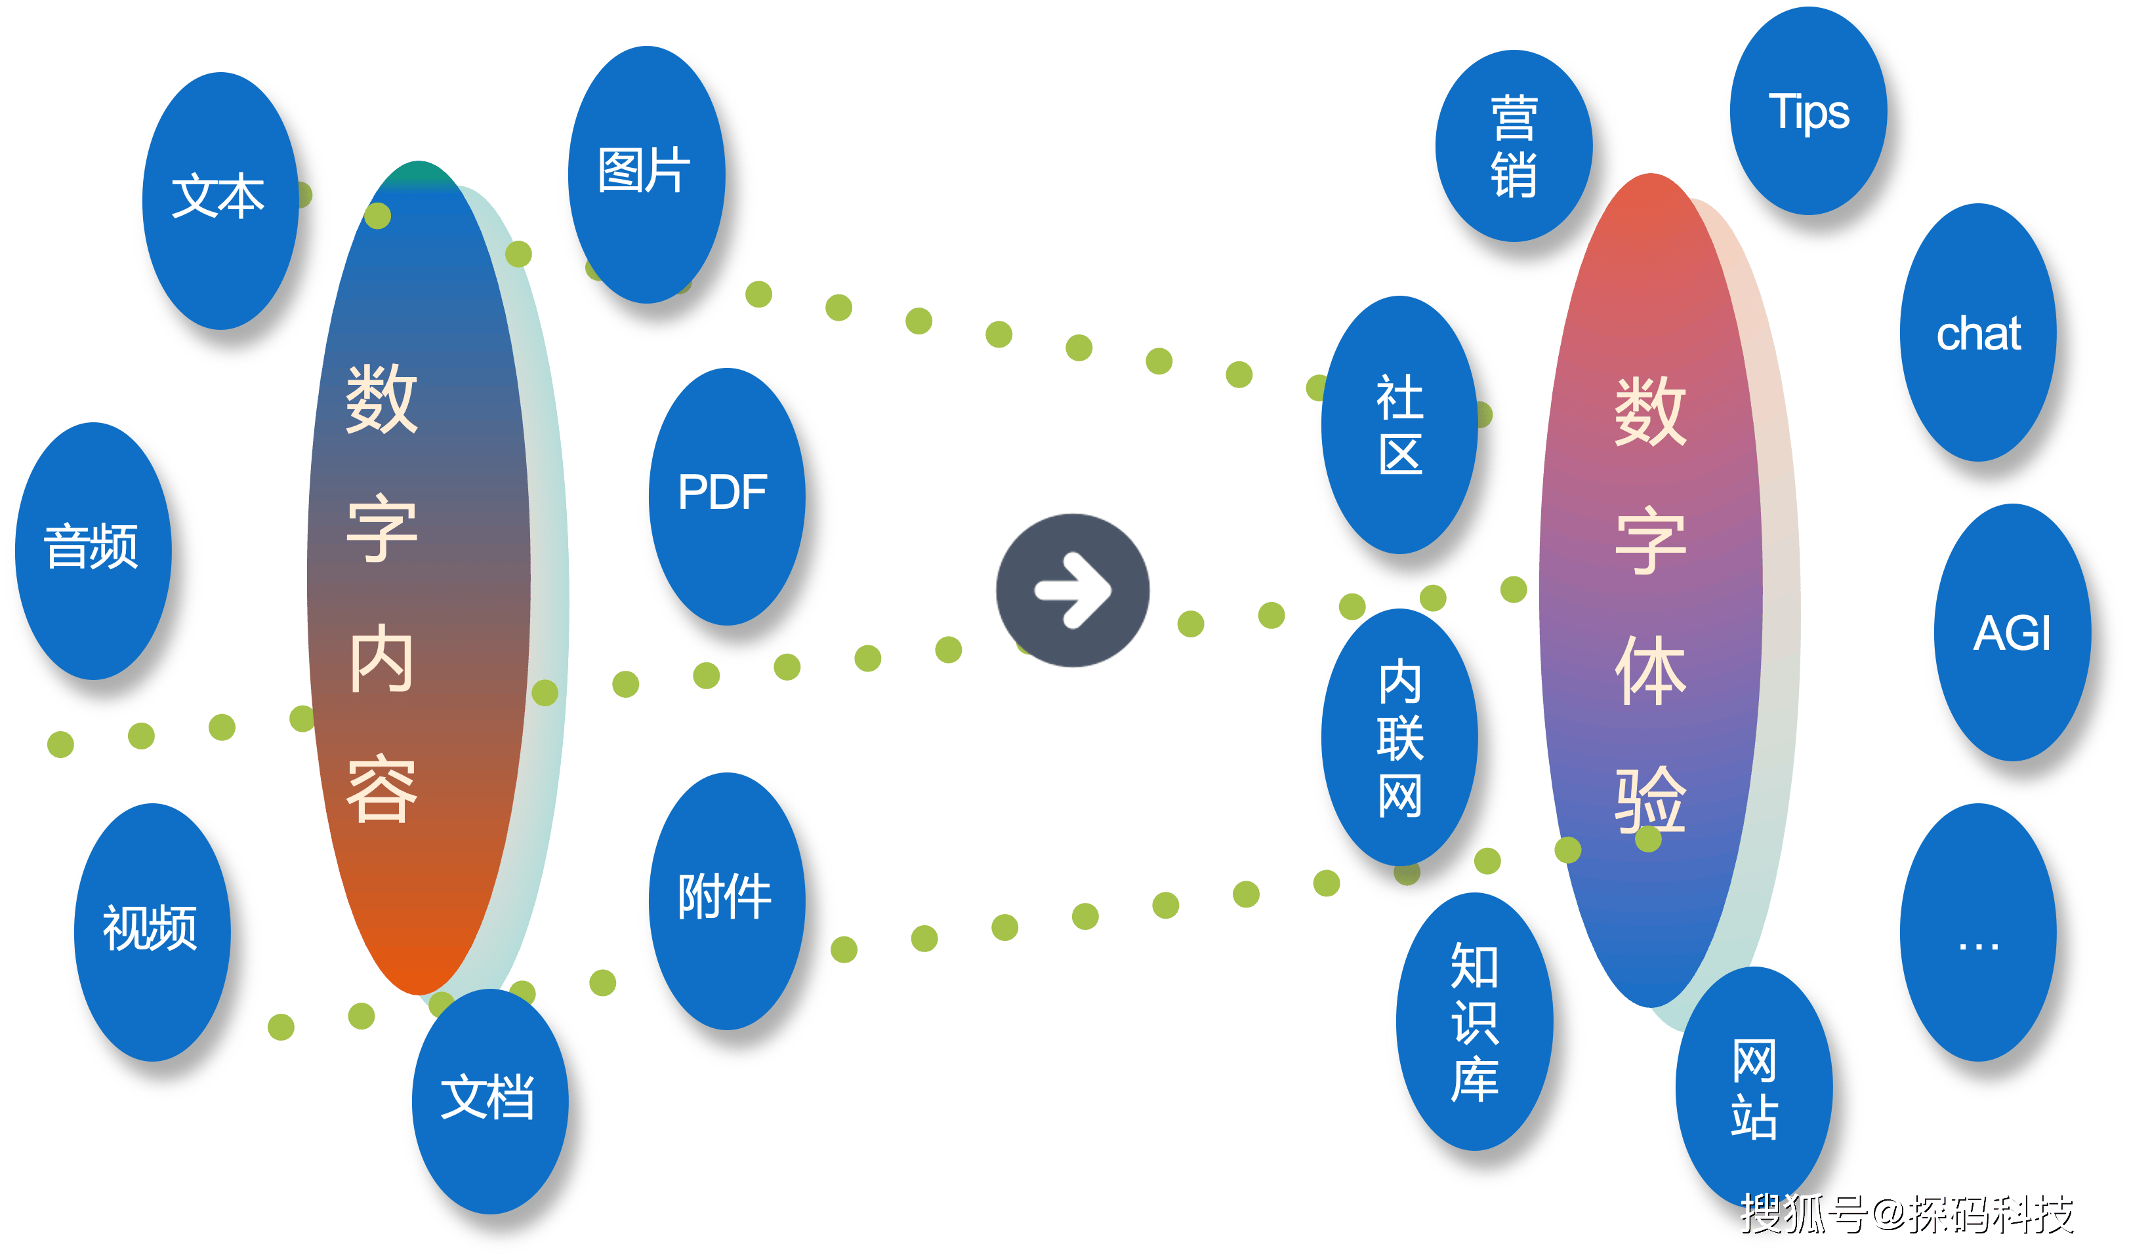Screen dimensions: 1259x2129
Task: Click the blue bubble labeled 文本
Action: pos(219,197)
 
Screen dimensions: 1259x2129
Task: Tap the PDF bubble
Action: pos(724,493)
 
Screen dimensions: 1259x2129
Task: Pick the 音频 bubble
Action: pos(92,548)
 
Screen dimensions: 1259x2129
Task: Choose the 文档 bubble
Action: pos(488,1098)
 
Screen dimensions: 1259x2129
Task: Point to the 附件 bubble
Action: pos(724,898)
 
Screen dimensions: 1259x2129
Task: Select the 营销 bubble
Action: pos(1514,146)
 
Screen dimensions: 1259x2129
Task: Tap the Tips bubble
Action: pos(1808,113)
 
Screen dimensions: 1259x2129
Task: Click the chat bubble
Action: pos(1978,333)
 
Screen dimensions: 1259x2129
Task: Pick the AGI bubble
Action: pos(2011,633)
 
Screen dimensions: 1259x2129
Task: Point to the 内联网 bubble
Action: pos(1400,738)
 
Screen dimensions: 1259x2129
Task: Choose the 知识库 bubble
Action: pos(1474,1022)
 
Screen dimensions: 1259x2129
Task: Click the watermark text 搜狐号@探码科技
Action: pos(1906,1213)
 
